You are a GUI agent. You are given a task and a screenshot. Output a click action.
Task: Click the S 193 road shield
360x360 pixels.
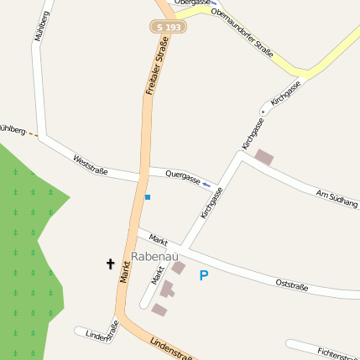point(169,27)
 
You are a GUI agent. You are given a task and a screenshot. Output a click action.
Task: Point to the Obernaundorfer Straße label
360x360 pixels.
point(243,33)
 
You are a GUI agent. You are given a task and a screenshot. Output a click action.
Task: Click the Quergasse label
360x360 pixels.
point(182,176)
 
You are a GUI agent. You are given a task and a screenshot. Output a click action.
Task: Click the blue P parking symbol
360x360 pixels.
point(203,275)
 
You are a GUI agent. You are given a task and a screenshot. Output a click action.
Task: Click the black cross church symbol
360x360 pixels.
point(110,264)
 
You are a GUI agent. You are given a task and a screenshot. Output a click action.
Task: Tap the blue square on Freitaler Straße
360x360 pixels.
point(148,197)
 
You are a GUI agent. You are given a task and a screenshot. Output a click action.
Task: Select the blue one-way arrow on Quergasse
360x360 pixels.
point(206,184)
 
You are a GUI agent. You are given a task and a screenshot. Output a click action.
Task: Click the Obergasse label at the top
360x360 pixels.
point(190,3)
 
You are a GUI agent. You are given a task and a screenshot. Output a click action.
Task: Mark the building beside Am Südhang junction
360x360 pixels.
point(264,157)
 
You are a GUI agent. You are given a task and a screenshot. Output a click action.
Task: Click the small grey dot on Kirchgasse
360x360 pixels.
point(263,111)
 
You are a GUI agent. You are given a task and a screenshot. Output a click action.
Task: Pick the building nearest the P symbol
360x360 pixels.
point(178,268)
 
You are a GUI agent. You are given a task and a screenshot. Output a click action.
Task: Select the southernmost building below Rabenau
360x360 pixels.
point(159,310)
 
